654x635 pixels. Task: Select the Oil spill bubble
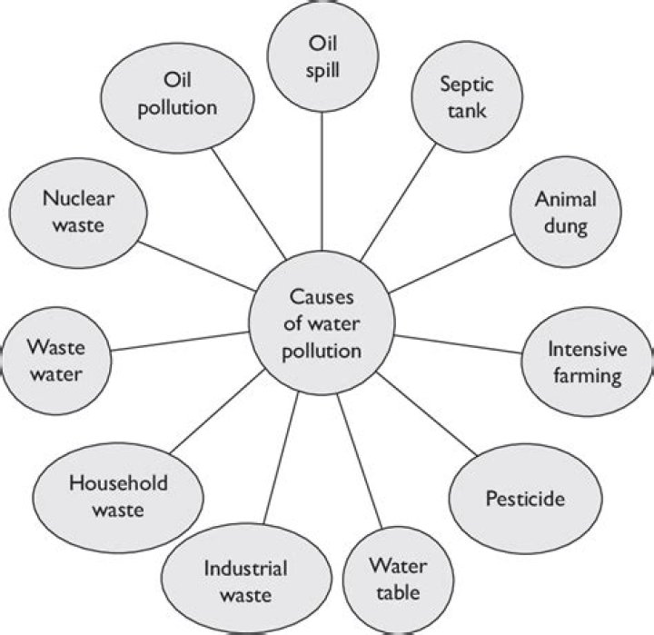tap(323, 56)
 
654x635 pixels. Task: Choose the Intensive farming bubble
tap(585, 362)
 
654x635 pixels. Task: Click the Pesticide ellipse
tap(525, 498)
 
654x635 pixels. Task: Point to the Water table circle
tap(395, 579)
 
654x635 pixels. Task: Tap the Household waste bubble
tap(118, 496)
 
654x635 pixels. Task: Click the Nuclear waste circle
tap(78, 210)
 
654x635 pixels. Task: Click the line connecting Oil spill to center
tap(323, 182)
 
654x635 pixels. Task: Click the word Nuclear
tap(78, 197)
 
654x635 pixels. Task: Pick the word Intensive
tap(585, 349)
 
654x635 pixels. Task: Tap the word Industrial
tap(245, 569)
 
